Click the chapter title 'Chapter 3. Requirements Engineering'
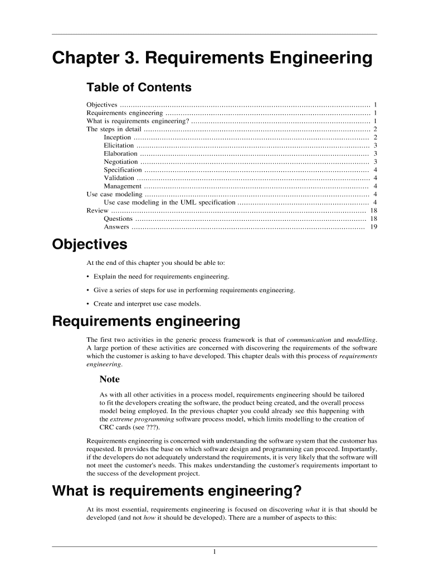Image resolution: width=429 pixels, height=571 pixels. click(212, 59)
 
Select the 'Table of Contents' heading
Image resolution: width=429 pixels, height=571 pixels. click(139, 88)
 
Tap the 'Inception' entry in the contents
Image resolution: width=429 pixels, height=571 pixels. click(118, 137)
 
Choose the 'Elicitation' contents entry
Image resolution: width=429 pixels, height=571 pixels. click(119, 146)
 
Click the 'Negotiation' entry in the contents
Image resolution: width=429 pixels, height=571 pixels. click(121, 162)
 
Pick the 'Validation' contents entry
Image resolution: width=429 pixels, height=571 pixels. click(119, 178)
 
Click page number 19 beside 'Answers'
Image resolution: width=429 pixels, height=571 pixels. click(373, 227)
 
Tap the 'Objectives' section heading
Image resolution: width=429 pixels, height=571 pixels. click(89, 245)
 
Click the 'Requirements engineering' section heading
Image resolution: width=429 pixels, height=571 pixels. click(146, 322)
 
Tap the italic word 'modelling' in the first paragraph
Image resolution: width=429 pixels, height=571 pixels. click(361, 340)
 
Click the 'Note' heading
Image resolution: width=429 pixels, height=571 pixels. click(109, 379)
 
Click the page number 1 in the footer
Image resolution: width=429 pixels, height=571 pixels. click(214, 552)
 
